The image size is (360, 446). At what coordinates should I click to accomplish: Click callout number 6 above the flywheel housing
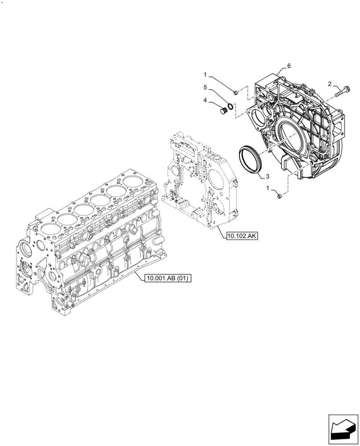coord(289,66)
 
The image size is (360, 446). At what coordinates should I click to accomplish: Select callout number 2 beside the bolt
coord(330,84)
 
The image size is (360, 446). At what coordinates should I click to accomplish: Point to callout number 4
coord(205,101)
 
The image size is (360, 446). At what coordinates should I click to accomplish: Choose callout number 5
coord(205,87)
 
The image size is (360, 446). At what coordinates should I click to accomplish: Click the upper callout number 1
coord(205,74)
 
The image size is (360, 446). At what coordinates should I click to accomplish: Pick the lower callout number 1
coord(268,189)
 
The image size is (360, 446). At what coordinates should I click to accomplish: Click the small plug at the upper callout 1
coord(236,92)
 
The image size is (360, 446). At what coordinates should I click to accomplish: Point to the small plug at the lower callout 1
coord(278,196)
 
